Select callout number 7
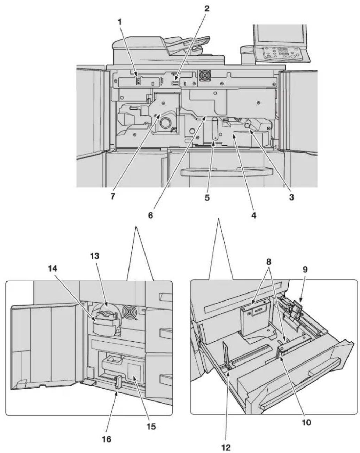tap(113, 196)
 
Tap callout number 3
tap(291, 197)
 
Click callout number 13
tap(95, 256)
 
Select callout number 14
tap(53, 269)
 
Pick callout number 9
tap(305, 270)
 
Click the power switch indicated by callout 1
tap(138, 81)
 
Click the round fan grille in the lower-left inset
tap(129, 312)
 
